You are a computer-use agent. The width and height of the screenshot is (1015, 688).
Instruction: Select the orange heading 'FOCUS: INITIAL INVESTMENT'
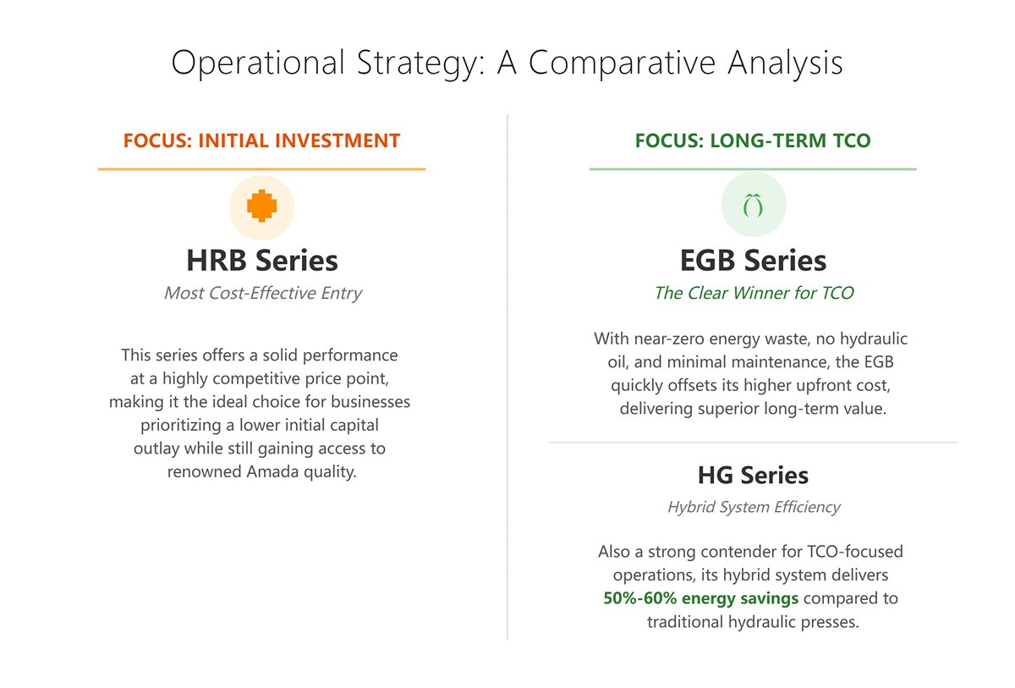pyautogui.click(x=261, y=140)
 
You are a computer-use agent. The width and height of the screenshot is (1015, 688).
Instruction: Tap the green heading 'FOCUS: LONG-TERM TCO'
pyautogui.click(x=753, y=140)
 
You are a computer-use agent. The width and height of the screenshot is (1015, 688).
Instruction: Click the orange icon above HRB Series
pyautogui.click(x=262, y=206)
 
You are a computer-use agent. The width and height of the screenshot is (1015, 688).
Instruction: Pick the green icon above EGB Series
pyautogui.click(x=753, y=206)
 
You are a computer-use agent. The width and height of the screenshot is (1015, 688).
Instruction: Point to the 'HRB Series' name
pyautogui.click(x=262, y=260)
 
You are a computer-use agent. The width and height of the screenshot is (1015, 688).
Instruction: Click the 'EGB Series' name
pyautogui.click(x=753, y=260)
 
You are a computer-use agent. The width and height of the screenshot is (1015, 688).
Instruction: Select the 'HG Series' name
pyautogui.click(x=753, y=476)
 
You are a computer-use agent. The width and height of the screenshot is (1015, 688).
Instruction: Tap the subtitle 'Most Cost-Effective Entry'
pyautogui.click(x=262, y=294)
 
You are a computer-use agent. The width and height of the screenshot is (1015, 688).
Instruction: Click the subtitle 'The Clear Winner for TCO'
pyautogui.click(x=753, y=294)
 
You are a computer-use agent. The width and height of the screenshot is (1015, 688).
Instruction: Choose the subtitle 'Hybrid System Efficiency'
pyautogui.click(x=753, y=508)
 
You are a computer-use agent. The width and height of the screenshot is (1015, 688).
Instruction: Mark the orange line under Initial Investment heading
pyautogui.click(x=261, y=169)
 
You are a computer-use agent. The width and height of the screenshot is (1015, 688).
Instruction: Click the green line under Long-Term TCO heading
pyautogui.click(x=753, y=169)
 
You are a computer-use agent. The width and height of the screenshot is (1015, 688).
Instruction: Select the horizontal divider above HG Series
pyautogui.click(x=753, y=443)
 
